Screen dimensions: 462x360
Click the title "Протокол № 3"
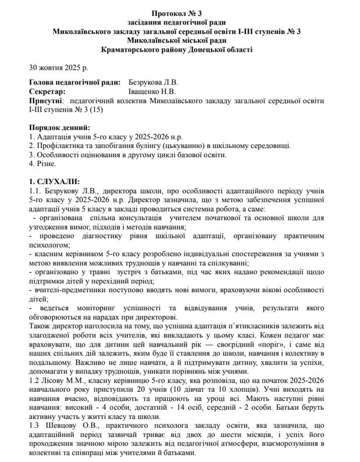click(x=179, y=12)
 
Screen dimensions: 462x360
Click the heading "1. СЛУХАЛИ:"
click(x=54, y=181)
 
